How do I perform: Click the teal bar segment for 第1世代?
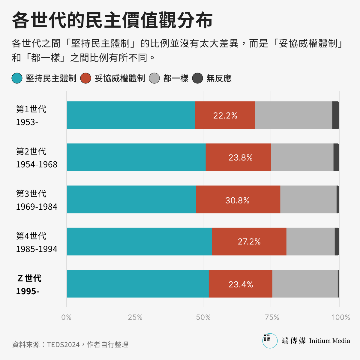pos(130,115)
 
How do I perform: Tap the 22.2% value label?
pos(225,115)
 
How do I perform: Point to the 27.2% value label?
pos(249,241)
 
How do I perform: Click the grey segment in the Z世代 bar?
pos(305,283)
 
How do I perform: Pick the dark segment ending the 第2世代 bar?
pos(336,157)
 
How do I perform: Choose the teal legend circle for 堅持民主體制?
pos(17,78)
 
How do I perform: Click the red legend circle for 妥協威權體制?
pos(86,78)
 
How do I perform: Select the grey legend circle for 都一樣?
pos(154,78)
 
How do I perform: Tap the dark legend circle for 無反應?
pos(197,78)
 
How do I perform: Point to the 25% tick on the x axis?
pos(135,317)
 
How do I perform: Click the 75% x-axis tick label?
pos(272,317)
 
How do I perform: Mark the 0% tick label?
pos(66,317)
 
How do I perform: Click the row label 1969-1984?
pos(37,207)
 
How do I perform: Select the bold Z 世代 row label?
pos(29,278)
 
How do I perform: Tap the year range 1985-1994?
pos(37,249)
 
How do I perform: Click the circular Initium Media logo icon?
pos(270,340)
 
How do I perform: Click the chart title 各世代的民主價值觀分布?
pos(112,20)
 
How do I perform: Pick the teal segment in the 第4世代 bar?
pos(139,241)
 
